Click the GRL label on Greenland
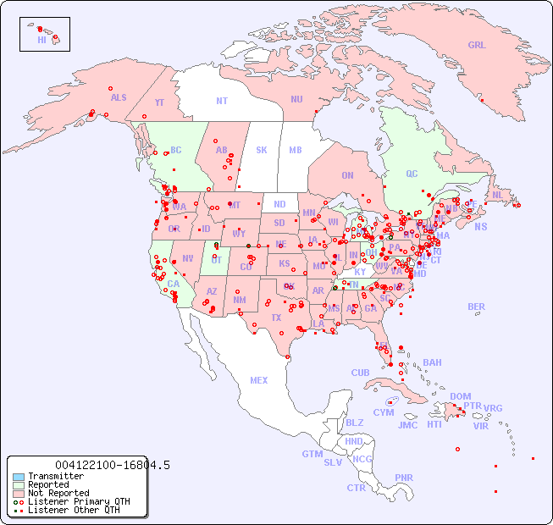[x=477, y=46]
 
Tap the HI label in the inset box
[x=41, y=40]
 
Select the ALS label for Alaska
[x=119, y=97]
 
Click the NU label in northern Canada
[x=296, y=99]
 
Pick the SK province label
[x=262, y=150]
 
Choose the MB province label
[x=295, y=150]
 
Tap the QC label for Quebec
[x=412, y=174]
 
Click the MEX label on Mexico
[x=259, y=380]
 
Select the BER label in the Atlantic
[x=477, y=307]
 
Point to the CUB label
[x=360, y=373]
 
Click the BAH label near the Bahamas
[x=432, y=362]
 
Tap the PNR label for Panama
[x=404, y=478]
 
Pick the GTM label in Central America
[x=312, y=454]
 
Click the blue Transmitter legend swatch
[x=18, y=477]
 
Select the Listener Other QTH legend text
[x=74, y=510]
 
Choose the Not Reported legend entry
[x=58, y=493]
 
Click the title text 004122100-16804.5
[x=112, y=465]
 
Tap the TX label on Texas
[x=276, y=318]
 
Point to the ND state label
[x=279, y=204]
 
